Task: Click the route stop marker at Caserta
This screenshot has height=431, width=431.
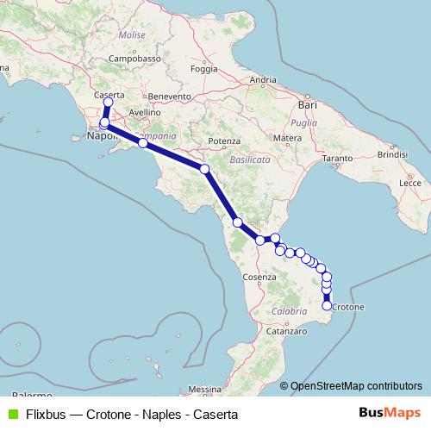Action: click(108, 103)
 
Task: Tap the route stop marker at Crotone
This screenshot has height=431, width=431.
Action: click(327, 305)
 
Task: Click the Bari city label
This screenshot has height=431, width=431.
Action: click(307, 104)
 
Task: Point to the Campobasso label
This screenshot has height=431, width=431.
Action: click(135, 59)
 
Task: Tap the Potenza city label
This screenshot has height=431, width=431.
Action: click(222, 140)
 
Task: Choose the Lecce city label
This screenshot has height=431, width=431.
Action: click(410, 184)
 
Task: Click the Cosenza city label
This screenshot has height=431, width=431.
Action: click(259, 277)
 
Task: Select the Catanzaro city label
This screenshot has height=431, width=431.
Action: click(286, 330)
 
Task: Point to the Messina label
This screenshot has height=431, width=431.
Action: click(204, 389)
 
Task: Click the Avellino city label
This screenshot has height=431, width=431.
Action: click(144, 112)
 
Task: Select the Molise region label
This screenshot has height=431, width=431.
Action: click(133, 35)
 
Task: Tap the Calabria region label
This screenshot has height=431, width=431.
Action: click(289, 310)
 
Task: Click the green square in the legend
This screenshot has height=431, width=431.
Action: click(13, 414)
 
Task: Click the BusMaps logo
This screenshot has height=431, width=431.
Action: click(390, 414)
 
